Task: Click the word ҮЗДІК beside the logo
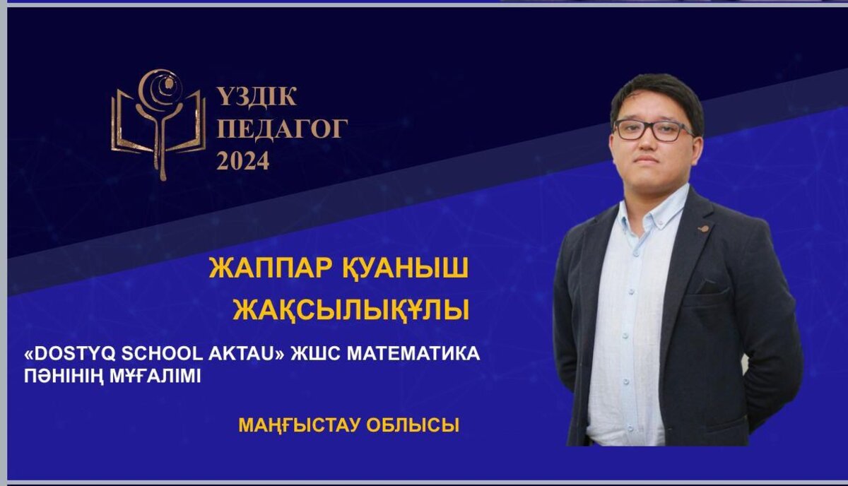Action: [x=257, y=97]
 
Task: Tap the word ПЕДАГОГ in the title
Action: [x=282, y=129]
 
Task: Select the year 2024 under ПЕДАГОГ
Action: [x=242, y=160]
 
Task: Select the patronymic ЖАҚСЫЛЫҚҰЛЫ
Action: [x=351, y=310]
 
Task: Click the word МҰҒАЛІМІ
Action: [x=155, y=377]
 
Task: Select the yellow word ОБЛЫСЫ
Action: [x=413, y=425]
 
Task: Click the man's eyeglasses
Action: [x=654, y=130]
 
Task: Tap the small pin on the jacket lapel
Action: [x=703, y=228]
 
